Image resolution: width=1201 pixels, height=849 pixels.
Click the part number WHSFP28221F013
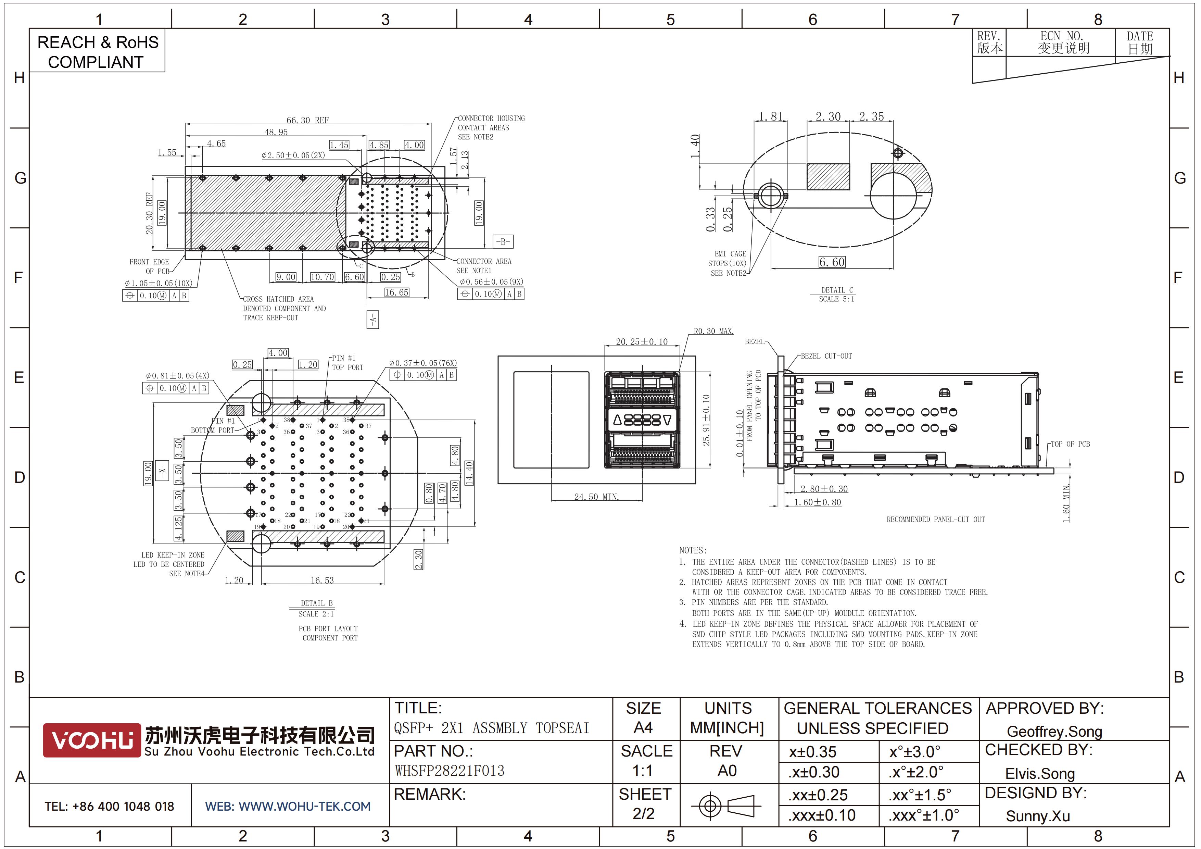(x=450, y=771)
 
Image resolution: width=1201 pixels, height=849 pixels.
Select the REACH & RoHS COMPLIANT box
(x=97, y=51)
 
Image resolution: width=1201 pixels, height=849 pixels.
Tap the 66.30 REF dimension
(x=307, y=120)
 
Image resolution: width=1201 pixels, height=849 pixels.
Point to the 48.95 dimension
(x=276, y=132)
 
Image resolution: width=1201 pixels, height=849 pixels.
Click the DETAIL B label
(x=316, y=603)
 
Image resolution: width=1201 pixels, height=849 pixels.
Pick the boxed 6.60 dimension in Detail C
(x=832, y=262)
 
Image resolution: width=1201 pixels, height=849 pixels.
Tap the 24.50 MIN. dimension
(x=596, y=497)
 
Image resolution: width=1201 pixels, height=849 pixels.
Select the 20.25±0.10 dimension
(x=642, y=341)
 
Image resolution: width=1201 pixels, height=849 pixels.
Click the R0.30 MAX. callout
(x=713, y=331)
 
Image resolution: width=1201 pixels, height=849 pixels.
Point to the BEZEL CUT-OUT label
(x=826, y=356)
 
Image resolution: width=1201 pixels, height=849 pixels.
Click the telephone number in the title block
(x=109, y=806)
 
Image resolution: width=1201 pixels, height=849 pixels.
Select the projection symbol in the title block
(x=725, y=806)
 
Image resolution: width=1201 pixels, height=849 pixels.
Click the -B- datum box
(x=503, y=242)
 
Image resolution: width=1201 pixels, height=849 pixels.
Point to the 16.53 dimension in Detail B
(x=322, y=580)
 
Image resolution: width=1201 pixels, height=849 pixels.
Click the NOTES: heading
(x=693, y=550)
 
